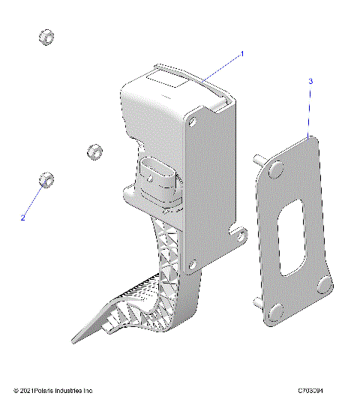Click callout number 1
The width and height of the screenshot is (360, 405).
pos(242,54)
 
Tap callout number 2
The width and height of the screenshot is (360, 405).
pos(23,217)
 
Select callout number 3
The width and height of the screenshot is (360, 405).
pos(310,80)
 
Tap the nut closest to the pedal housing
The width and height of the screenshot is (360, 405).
pos(94,151)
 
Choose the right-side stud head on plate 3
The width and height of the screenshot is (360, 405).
pos(324,283)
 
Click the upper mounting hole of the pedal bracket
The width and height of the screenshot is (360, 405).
pos(198,120)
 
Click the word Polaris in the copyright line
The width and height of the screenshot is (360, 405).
pos(49,391)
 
